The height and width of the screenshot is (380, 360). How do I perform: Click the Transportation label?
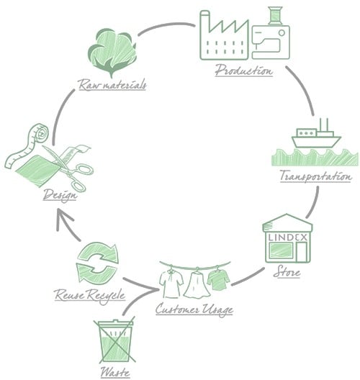tap(315, 176)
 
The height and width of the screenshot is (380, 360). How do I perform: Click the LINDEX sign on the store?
tap(287, 235)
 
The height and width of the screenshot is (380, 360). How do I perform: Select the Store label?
tap(287, 273)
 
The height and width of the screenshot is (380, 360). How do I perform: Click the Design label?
tap(60, 196)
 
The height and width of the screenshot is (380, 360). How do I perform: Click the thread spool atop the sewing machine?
tap(276, 15)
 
